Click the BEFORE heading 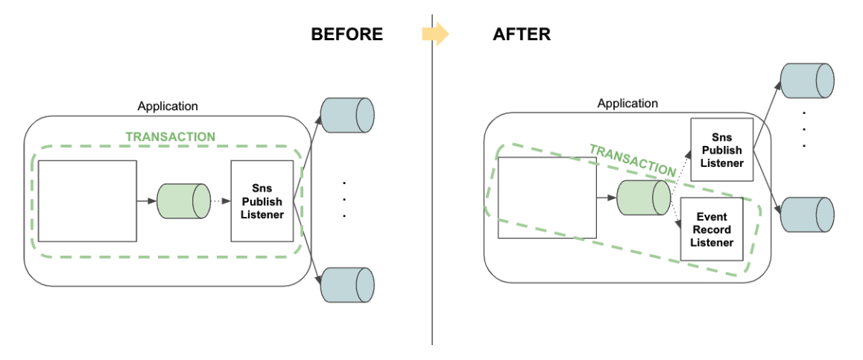tap(347, 34)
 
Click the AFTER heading tap(522, 34)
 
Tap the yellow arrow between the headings tap(435, 34)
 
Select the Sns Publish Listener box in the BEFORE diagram tap(262, 201)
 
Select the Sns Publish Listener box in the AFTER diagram tap(721, 150)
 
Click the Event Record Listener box tap(712, 230)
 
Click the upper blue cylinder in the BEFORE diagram tap(347, 115)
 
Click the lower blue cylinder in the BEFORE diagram tap(347, 284)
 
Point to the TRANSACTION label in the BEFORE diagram tap(171, 137)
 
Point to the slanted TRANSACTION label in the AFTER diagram tap(631, 160)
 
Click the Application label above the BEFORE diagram tap(168, 106)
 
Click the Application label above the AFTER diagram tap(628, 103)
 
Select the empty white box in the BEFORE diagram tap(87, 200)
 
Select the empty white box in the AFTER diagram tap(547, 198)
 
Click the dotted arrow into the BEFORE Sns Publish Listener tap(221, 201)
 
